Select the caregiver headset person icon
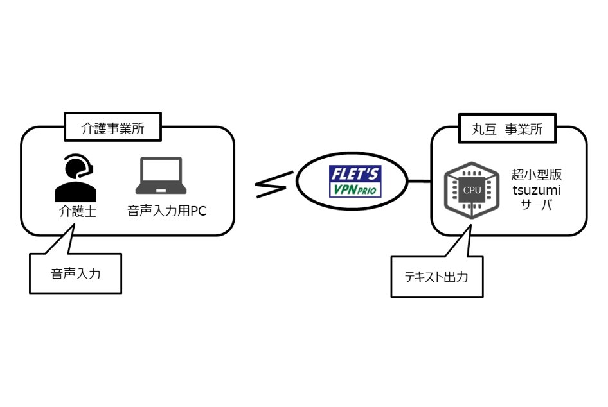coord(76,179)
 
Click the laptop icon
coord(161,176)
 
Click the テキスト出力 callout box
coord(437,277)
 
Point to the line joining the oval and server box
coord(419,182)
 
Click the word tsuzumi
coord(535,190)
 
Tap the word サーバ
coord(535,205)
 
